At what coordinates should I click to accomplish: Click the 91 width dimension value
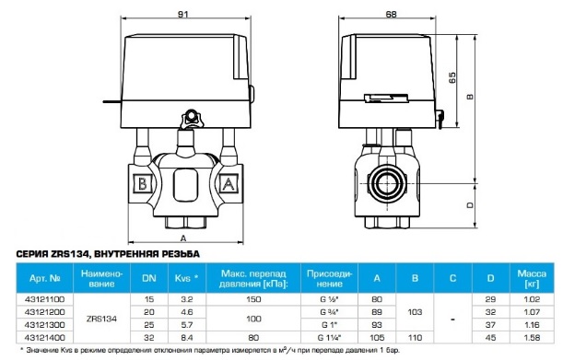pos(183,15)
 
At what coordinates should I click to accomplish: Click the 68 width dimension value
pos(391,14)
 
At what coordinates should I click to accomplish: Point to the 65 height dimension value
pos(452,77)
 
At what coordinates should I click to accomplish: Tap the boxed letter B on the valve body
pos(143,184)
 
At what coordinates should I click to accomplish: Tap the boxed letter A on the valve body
pos(229,184)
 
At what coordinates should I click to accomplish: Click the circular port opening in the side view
pos(387,185)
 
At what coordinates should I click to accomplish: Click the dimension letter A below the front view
pos(183,238)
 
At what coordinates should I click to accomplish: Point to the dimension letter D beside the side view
pos(470,205)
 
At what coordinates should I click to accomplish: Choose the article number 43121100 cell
pos(44,299)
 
